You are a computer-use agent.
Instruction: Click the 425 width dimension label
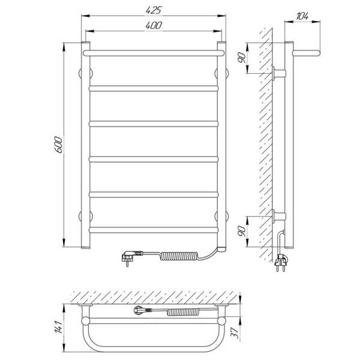tap(154, 10)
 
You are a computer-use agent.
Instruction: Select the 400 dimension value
tap(154, 25)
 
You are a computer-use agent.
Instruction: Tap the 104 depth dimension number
tap(302, 16)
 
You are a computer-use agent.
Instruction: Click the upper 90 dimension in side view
tap(242, 58)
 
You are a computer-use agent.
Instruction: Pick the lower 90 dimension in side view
tap(242, 231)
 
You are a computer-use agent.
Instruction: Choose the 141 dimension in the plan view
tap(58, 327)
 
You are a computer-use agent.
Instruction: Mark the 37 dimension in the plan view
tap(235, 332)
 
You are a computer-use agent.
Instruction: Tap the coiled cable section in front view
tap(179, 256)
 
